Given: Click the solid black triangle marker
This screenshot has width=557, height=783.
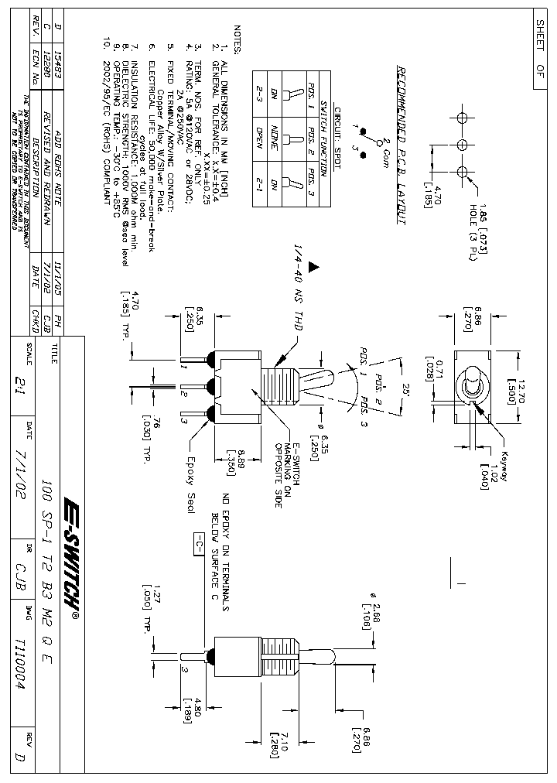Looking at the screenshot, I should [x=313, y=267].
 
